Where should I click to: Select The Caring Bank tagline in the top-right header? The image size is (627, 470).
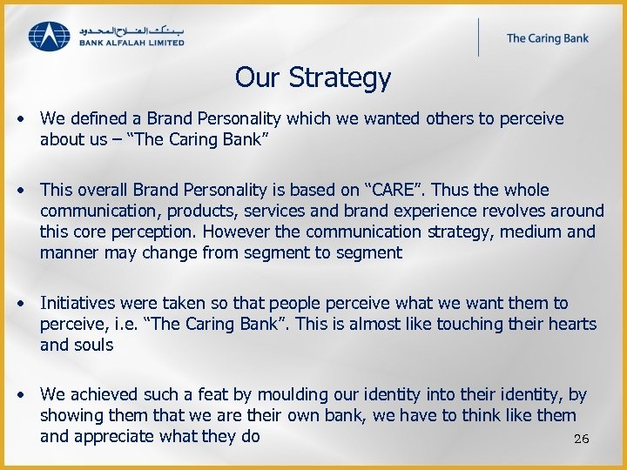point(548,38)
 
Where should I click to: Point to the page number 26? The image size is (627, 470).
point(582,440)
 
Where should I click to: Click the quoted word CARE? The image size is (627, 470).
point(404,190)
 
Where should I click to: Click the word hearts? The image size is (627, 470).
point(570,324)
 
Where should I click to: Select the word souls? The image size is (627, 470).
point(93,345)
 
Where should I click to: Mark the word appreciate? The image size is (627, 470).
point(117,436)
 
